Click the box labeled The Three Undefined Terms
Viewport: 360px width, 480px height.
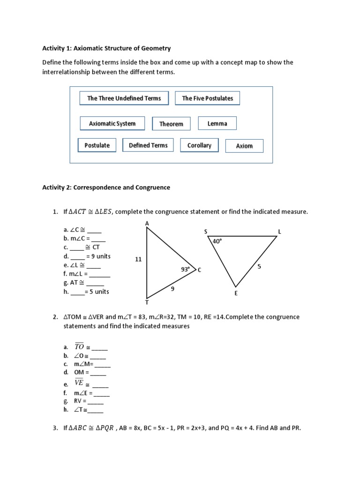124,98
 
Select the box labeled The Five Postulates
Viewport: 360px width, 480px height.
207,98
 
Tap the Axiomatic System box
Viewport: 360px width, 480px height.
112,124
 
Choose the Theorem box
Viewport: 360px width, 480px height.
171,124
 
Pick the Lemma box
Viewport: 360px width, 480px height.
217,123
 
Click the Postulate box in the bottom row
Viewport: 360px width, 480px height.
97,145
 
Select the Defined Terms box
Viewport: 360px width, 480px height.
148,145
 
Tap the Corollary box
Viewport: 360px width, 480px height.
199,145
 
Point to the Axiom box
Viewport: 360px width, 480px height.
244,146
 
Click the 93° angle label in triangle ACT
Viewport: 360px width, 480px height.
186,270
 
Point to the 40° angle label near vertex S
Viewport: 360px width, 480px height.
217,241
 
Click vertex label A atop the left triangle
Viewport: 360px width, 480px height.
147,224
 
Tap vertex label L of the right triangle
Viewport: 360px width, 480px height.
280,232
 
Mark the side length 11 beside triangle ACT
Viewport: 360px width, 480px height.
138,259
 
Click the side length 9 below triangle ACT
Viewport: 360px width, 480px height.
172,289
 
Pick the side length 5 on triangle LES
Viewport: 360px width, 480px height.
259,266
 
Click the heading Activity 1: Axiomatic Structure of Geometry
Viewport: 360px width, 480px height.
106,48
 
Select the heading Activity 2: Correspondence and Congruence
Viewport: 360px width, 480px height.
106,187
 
